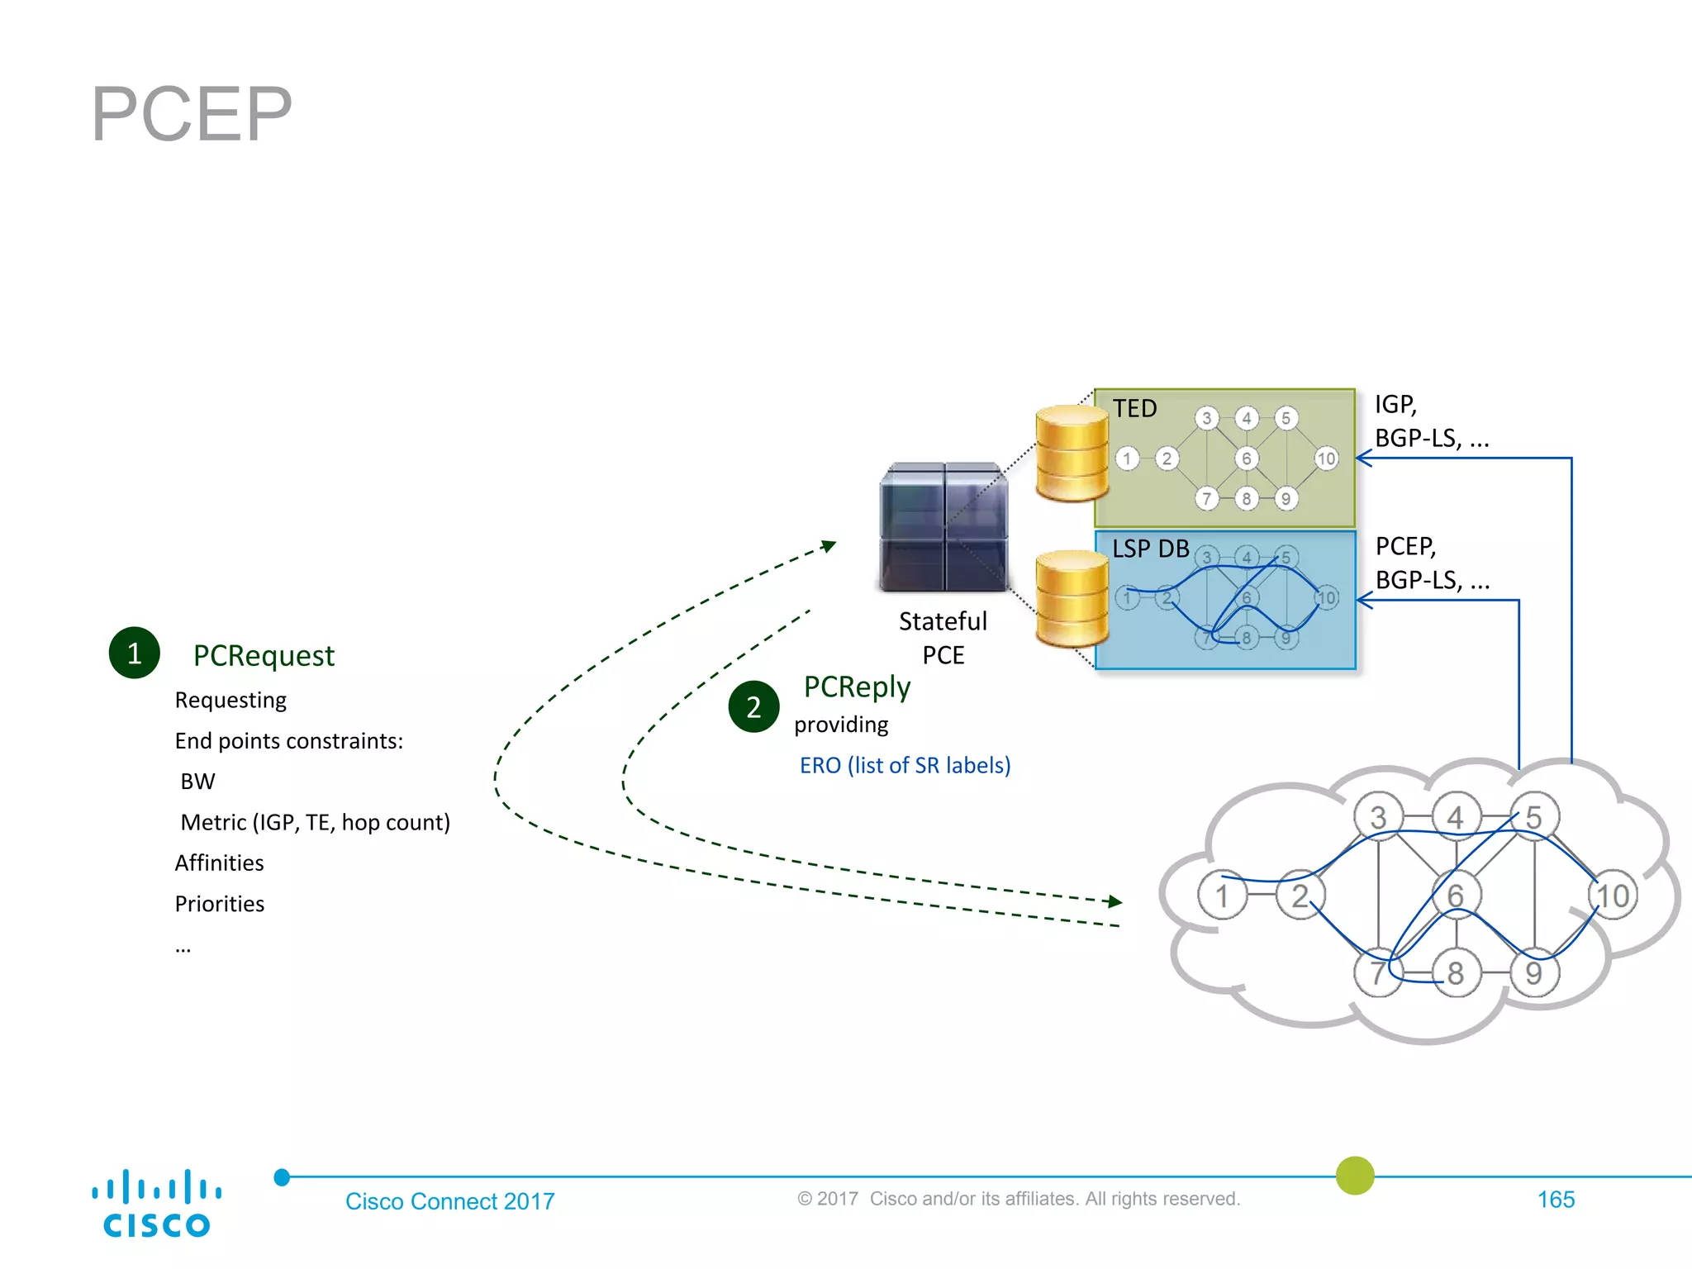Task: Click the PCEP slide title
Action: coord(192,114)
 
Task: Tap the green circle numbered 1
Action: coord(134,654)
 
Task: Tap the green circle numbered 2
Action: coord(753,707)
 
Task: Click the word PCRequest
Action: coord(264,656)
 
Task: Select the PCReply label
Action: coord(857,687)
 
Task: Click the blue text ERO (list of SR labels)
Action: coord(905,766)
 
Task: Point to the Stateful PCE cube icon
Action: coord(943,527)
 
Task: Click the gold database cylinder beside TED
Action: coord(1072,454)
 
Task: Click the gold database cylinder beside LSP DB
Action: coord(1072,598)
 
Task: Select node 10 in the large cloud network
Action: coord(1612,896)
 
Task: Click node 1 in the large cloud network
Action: coord(1221,896)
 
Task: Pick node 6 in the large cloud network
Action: coord(1456,896)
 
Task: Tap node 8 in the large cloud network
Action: coord(1456,973)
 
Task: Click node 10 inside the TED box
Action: coord(1326,459)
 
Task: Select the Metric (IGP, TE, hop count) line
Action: coord(315,823)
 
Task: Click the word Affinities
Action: coord(219,863)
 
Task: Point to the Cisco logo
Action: coord(156,1204)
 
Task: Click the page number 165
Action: coord(1556,1200)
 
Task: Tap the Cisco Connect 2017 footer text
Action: coord(449,1201)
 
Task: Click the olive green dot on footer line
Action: coord(1355,1176)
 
